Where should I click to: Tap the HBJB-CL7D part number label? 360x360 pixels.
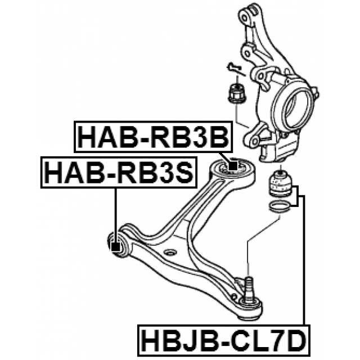tap(222, 340)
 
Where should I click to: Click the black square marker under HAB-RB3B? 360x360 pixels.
tap(232, 166)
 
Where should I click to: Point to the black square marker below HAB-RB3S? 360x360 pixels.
tap(116, 246)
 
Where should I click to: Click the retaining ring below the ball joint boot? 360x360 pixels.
tap(280, 208)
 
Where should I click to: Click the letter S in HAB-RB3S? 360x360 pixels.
tap(184, 172)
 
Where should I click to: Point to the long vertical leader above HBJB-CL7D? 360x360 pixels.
tap(304, 259)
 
